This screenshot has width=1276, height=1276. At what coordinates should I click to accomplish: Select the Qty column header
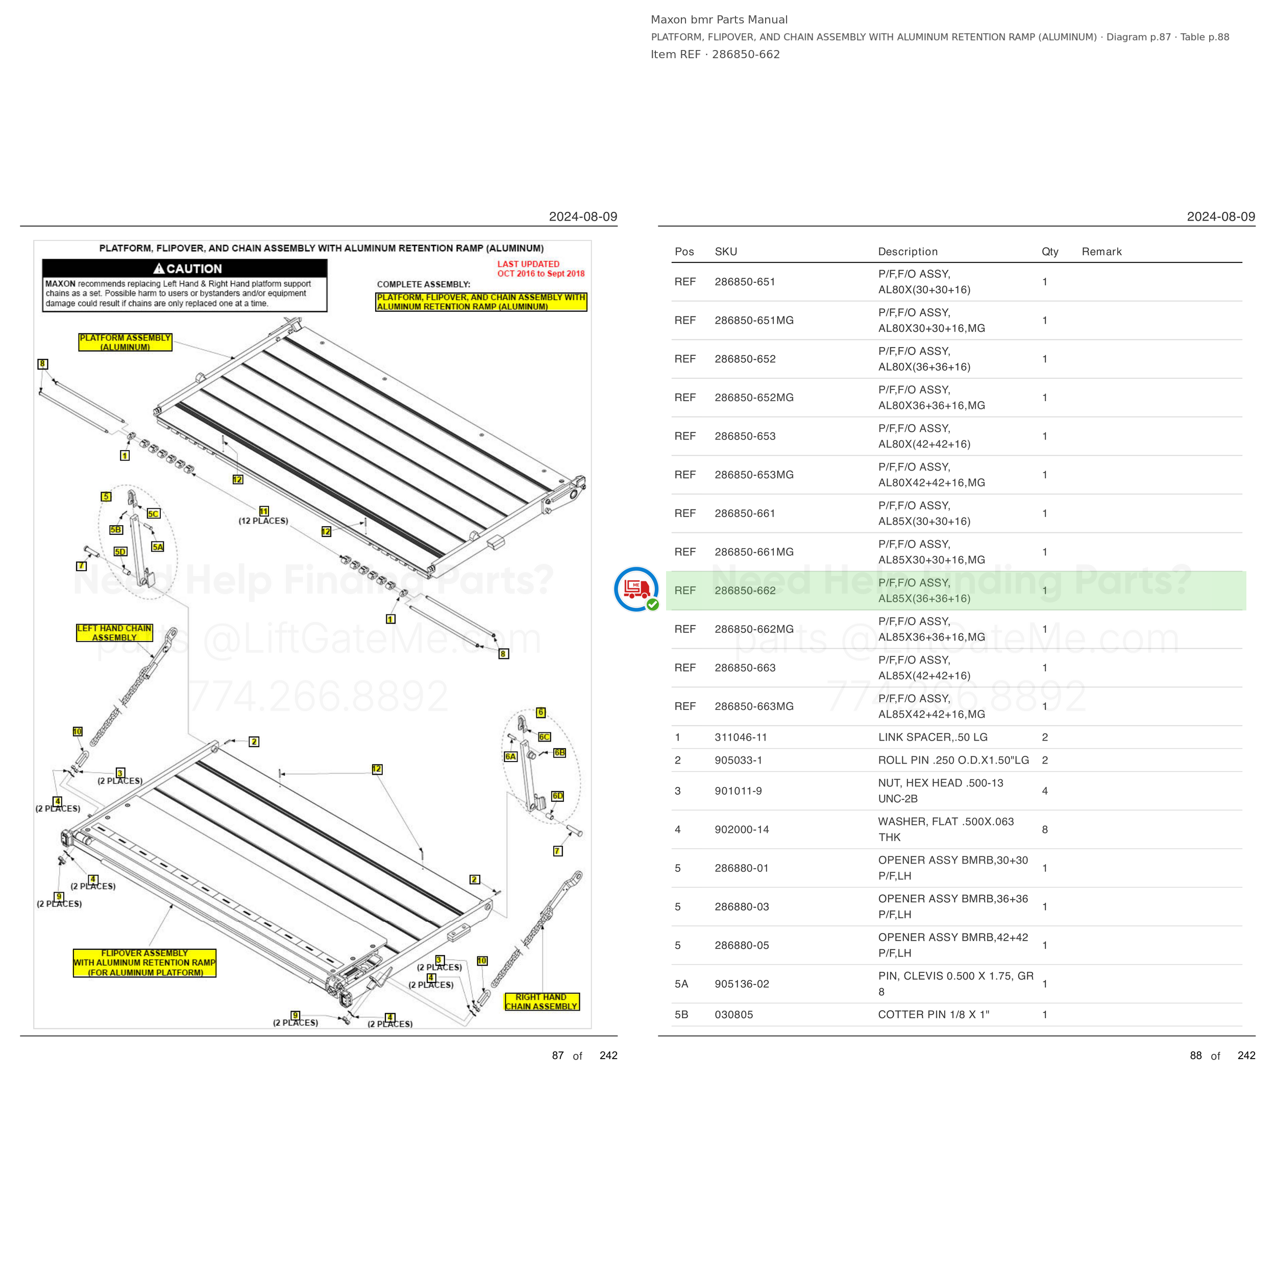tap(1049, 252)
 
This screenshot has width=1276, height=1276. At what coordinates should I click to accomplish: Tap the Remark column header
tap(1101, 252)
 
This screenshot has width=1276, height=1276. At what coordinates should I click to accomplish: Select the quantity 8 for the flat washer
tap(1044, 829)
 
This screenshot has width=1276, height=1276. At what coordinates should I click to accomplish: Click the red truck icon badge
tap(636, 589)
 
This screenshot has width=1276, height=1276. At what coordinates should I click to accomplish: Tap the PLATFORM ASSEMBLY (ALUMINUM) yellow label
tap(125, 342)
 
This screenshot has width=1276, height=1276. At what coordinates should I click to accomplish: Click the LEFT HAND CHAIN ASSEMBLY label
tap(114, 633)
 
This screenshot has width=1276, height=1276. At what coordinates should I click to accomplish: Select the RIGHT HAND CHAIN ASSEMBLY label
tap(541, 1001)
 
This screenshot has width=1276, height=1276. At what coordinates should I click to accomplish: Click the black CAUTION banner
tap(185, 268)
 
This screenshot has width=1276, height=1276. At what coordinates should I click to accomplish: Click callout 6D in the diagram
tap(557, 796)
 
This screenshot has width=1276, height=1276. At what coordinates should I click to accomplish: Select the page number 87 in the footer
tap(557, 1056)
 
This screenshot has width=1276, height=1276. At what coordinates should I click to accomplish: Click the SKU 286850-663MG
tap(753, 706)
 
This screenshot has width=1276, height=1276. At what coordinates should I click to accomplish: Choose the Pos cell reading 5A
tap(681, 984)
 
